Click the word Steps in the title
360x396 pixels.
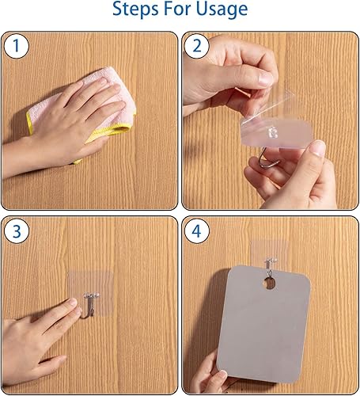click(136, 9)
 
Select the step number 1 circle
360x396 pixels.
click(17, 45)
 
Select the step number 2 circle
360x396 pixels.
click(197, 45)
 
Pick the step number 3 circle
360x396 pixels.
click(17, 231)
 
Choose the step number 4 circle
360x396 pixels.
click(197, 231)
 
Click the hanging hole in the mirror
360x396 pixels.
click(269, 284)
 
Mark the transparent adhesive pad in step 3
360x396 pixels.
click(91, 292)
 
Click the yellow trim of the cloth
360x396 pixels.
click(111, 131)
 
